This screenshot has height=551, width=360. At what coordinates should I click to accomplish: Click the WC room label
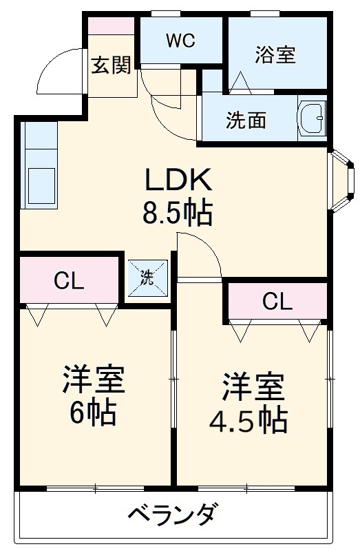tap(180, 40)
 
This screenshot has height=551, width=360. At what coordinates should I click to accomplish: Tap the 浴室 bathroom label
tap(275, 55)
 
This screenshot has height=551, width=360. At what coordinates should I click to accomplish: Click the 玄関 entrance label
tap(111, 67)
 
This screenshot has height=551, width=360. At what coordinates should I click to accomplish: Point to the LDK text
tap(177, 181)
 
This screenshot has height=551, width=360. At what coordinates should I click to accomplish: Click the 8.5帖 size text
tap(177, 214)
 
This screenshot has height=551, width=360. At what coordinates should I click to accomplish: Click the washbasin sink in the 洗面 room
tap(312, 120)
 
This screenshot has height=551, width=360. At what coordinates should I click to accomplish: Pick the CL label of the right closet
tap(277, 301)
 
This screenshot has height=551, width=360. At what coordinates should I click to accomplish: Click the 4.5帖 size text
tap(253, 420)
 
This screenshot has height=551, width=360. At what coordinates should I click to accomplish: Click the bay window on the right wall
tap(341, 180)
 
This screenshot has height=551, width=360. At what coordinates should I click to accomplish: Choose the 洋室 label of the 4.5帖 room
tap(253, 387)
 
